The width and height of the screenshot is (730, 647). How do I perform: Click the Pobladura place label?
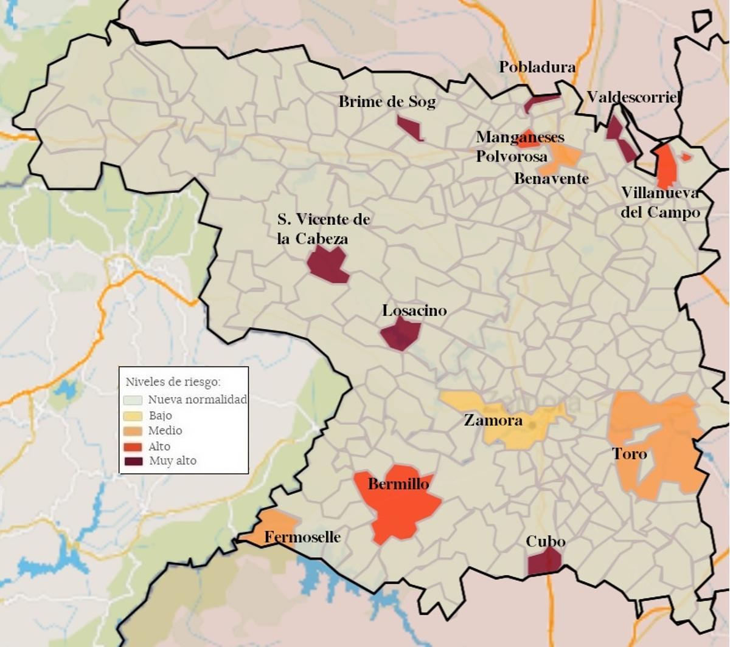pos(537,67)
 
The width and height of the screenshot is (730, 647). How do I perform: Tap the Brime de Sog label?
pos(387,101)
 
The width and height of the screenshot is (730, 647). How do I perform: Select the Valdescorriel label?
pos(633,97)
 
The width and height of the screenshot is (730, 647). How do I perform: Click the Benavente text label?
pos(551,179)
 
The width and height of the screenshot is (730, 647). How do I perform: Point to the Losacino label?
pos(414,310)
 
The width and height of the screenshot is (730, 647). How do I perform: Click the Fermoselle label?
pos(302,537)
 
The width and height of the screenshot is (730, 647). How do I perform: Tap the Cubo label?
pos(545,541)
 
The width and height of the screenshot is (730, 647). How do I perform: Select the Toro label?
pos(629,454)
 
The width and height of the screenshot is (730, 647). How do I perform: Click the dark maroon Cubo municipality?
pos(544,562)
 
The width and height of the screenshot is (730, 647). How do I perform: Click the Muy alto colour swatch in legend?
pos(134,461)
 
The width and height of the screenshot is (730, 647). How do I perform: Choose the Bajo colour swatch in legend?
pos(134,416)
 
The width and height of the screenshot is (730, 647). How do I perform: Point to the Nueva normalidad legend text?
pos(197,400)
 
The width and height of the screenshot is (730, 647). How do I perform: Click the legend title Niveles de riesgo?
pos(173,382)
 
